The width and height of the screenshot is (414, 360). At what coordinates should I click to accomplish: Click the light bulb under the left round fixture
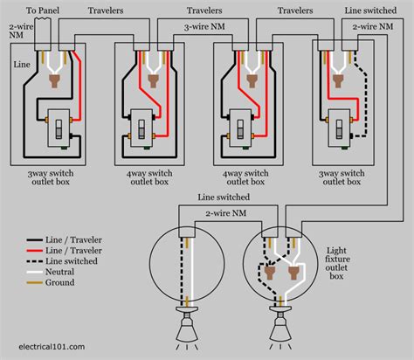pos(188,332)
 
